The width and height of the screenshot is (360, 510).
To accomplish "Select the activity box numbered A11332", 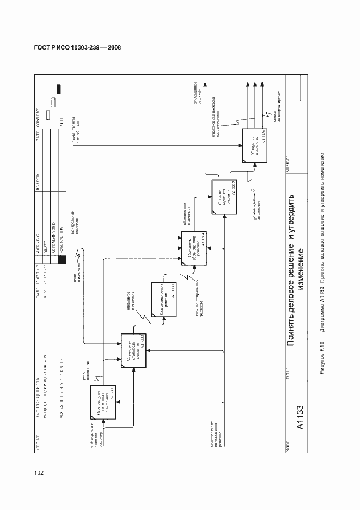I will [x=132, y=350].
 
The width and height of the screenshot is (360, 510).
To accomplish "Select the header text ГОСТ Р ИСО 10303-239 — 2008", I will [x=74, y=47].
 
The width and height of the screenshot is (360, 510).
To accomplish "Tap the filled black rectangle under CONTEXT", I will [x=59, y=90].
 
